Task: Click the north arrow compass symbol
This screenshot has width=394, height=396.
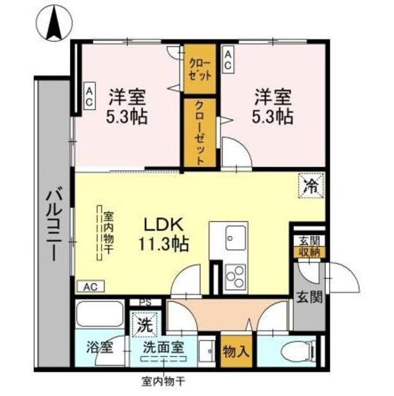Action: pos(54,23)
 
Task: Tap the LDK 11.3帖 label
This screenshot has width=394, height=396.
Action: pos(163,235)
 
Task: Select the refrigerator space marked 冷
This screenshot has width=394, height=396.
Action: pos(311,186)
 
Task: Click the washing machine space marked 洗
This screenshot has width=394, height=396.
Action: pos(145,324)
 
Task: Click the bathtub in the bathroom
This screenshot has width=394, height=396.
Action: pos(100,314)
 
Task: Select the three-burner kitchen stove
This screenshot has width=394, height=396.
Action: pos(236,277)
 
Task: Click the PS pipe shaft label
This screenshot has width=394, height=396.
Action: pos(145,303)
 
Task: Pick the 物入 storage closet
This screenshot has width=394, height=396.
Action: pos(236,351)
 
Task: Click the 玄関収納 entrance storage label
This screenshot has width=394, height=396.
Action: pos(309,247)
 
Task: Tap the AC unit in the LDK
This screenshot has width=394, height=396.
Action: pos(90,287)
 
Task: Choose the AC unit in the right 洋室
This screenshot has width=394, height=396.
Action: pos(228,61)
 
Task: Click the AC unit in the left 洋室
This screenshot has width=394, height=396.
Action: pos(89,97)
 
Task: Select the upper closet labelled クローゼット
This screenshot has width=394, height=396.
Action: pos(200,69)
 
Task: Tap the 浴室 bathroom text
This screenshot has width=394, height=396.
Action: pos(99,347)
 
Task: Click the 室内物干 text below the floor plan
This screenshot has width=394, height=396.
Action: pos(164,382)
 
